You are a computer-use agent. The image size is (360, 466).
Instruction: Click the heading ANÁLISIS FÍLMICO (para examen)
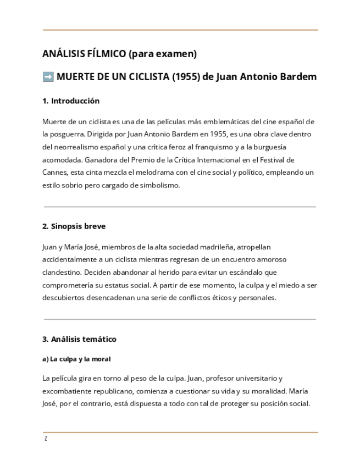(x=119, y=54)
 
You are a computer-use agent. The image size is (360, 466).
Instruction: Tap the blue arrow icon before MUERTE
(x=48, y=77)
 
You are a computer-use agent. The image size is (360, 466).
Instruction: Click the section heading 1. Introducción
(x=71, y=101)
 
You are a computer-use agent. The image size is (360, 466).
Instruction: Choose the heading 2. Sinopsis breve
(x=74, y=226)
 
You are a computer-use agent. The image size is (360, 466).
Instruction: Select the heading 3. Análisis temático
(x=79, y=339)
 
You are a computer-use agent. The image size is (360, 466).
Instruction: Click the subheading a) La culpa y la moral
(x=76, y=359)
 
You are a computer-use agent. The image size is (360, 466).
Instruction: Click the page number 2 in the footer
(x=46, y=439)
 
